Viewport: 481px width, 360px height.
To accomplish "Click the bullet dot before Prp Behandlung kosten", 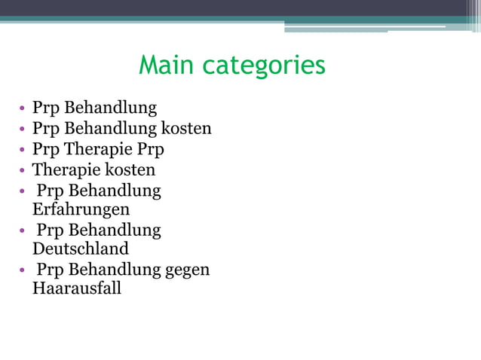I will (x=23, y=130).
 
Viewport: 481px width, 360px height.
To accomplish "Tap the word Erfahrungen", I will (x=81, y=209).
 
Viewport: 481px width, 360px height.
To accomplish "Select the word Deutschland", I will (x=81, y=249).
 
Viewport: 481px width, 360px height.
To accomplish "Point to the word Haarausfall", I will (x=77, y=288).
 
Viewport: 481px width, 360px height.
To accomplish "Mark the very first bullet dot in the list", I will (x=23, y=108).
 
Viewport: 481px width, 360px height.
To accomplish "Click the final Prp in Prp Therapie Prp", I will (x=150, y=149).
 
